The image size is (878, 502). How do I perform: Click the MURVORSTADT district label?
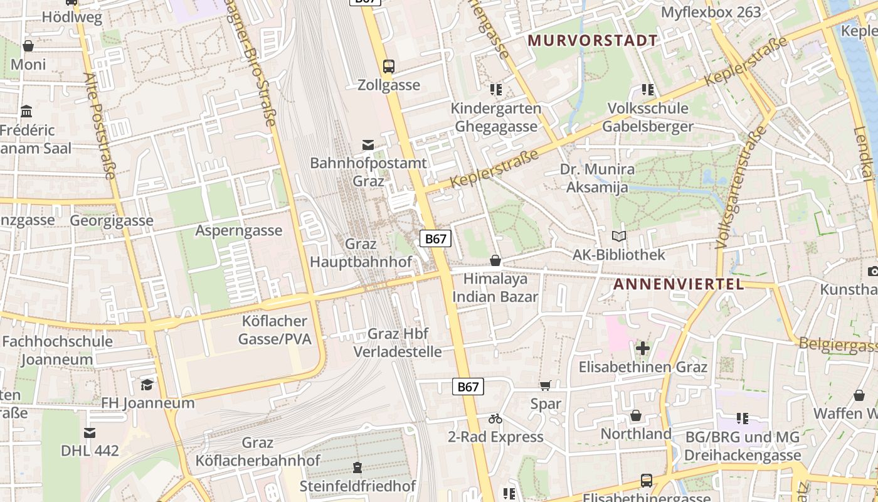[x=593, y=41]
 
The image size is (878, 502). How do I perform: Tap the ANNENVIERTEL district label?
[x=678, y=284]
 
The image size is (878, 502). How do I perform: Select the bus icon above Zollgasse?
[x=389, y=66]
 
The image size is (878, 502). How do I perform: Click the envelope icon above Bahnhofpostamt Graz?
[x=368, y=146]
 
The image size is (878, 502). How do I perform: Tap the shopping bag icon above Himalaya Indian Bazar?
[x=495, y=260]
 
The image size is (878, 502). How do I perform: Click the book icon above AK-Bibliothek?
[x=618, y=237]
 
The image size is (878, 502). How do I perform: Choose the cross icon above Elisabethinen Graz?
[x=642, y=348]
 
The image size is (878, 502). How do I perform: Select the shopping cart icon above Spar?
[x=545, y=385]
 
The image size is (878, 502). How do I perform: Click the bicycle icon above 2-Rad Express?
[x=495, y=419]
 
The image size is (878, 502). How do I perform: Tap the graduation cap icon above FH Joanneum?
[x=147, y=384]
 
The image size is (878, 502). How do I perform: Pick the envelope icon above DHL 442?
[x=90, y=432]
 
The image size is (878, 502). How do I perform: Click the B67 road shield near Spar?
[x=468, y=387]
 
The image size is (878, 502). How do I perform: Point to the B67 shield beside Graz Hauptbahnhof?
[x=435, y=238]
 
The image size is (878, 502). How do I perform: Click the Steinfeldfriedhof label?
[x=357, y=486]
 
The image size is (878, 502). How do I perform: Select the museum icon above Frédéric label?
[x=27, y=112]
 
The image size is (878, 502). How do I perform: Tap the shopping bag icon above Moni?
[x=28, y=46]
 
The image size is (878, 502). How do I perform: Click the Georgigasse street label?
[x=112, y=221]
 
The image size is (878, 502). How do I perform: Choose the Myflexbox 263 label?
[x=711, y=12]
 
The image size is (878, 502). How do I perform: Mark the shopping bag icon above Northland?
[x=636, y=415]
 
